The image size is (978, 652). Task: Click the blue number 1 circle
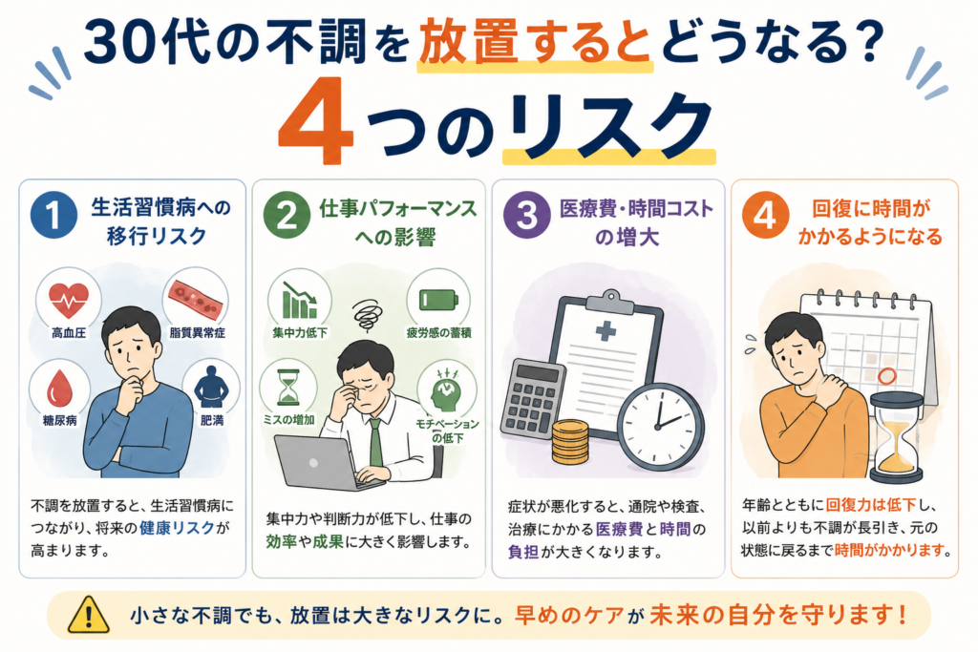53,215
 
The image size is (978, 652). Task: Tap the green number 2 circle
287,215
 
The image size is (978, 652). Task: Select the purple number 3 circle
527,215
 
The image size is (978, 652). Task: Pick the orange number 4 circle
765,215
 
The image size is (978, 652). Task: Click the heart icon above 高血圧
69,300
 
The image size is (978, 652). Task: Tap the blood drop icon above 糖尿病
60,387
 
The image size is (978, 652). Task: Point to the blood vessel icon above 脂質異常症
196,297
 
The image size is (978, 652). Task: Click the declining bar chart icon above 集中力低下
299,301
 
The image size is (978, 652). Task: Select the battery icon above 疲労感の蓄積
438,299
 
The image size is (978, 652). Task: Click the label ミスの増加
288,420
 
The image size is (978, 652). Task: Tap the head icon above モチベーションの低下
447,391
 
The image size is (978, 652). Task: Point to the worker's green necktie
375,443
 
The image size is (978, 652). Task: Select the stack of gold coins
570,442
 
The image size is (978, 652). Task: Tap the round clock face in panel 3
662,427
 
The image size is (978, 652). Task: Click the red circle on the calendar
887,376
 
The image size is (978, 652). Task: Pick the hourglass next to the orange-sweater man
896,438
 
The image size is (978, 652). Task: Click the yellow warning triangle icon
89,615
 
